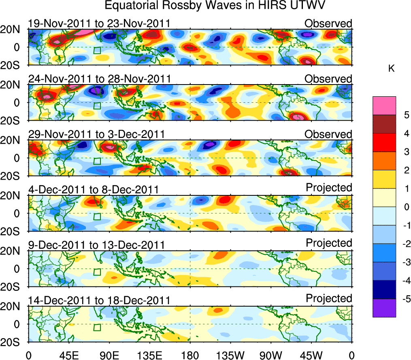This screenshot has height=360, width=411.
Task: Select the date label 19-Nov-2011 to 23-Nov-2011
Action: point(99,23)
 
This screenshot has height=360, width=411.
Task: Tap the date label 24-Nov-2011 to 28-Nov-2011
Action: point(99,78)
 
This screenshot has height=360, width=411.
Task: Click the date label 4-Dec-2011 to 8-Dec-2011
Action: point(93,189)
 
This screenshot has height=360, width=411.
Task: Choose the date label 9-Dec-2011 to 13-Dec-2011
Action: point(96,245)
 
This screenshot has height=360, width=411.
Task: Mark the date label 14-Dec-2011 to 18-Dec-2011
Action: point(99,300)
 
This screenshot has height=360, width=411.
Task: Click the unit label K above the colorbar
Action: point(391,69)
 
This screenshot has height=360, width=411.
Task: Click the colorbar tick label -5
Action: point(405,299)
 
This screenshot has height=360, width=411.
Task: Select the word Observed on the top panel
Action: point(328,23)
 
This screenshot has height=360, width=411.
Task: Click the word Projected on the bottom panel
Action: point(329,299)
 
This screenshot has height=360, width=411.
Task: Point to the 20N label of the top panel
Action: point(13,30)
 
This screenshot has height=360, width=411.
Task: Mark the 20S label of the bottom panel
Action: point(13,342)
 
